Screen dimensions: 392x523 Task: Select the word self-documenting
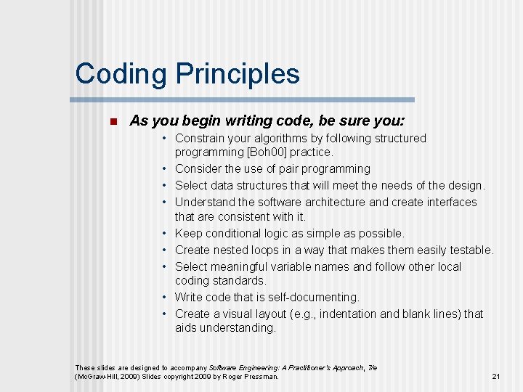click(315, 297)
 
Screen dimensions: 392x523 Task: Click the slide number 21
click(496, 376)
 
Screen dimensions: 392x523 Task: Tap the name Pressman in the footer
click(259, 376)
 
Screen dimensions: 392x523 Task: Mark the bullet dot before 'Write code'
click(166, 297)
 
